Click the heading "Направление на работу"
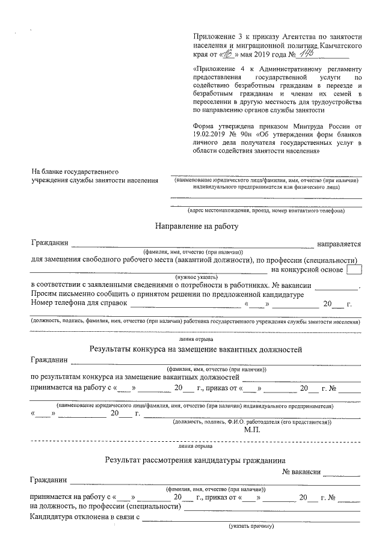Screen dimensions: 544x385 pyautogui.click(x=197, y=227)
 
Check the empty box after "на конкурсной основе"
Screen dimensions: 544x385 pyautogui.click(x=355, y=270)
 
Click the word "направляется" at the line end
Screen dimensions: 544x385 pyautogui.click(x=339, y=244)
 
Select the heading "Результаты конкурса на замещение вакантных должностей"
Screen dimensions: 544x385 pyautogui.click(x=196, y=349)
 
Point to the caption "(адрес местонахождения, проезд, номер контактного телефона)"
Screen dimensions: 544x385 pyautogui.click(x=266, y=210)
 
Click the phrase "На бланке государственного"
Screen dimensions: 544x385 pyautogui.click(x=75, y=171)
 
